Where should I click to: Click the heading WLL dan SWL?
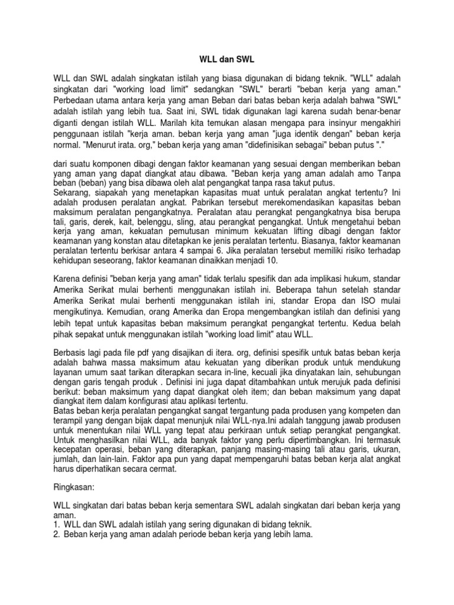(x=227, y=60)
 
